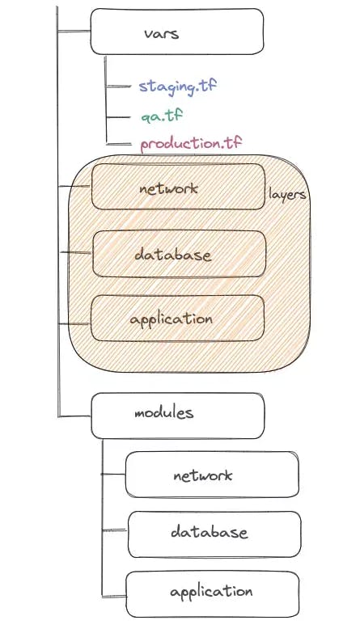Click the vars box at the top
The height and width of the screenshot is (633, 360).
[x=177, y=32]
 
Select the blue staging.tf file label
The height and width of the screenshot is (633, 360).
[x=178, y=87]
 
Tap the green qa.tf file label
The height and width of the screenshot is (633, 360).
[x=162, y=116]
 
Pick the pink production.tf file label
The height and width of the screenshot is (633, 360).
[x=191, y=144]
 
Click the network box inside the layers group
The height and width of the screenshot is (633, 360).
[x=178, y=187]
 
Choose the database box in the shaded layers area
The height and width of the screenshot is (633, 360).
[x=180, y=254]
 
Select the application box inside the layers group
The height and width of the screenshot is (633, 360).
[x=177, y=318]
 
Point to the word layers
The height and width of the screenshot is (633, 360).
[x=287, y=195]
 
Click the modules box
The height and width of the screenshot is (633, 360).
[x=178, y=416]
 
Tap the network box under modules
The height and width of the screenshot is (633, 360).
[x=212, y=475]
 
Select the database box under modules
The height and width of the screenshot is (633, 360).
[x=214, y=534]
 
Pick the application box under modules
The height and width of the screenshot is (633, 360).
[x=213, y=594]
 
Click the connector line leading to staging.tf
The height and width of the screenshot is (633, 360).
[x=118, y=86]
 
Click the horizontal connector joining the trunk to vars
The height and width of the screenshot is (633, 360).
[x=74, y=31]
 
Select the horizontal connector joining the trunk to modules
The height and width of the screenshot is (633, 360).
[x=74, y=416]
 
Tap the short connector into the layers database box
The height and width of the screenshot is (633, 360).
[x=76, y=253]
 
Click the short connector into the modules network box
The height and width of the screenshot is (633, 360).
[x=113, y=474]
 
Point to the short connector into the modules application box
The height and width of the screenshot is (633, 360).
[x=114, y=596]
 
